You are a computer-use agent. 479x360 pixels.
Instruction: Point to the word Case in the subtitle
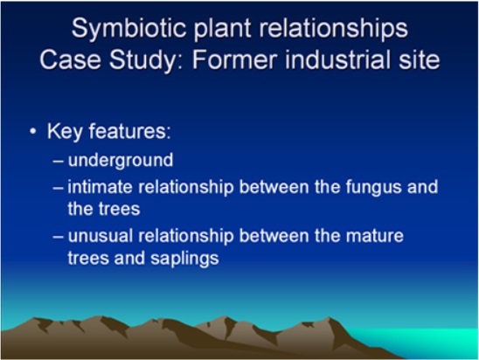70,59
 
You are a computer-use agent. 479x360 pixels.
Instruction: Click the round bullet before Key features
32,132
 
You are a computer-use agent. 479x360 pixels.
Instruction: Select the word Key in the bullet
65,132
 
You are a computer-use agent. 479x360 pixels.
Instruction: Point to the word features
129,131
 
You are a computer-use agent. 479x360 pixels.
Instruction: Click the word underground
121,161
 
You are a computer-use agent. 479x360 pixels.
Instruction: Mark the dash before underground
58,161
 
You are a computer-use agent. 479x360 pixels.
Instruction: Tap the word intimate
100,187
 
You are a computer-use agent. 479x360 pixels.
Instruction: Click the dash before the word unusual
58,236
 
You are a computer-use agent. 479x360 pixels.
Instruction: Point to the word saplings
184,259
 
